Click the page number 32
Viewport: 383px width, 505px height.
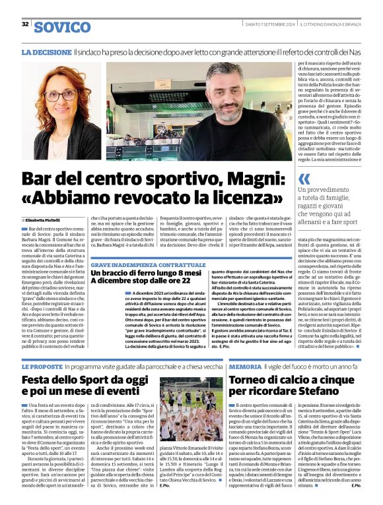[25, 24]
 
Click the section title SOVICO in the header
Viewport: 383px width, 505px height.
[62, 27]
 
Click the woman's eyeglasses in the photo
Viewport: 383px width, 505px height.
[61, 95]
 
